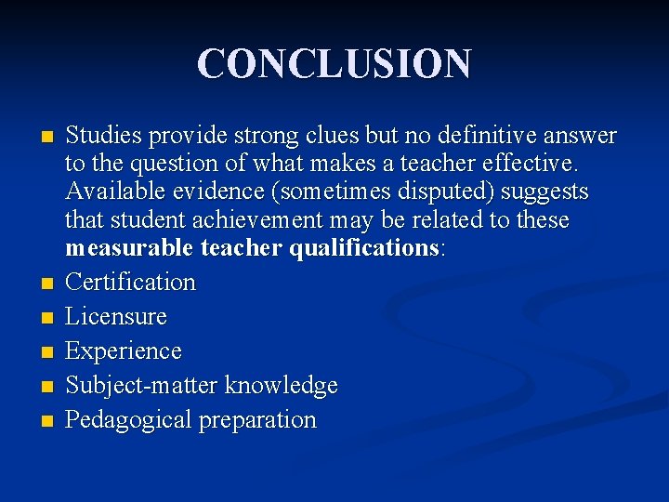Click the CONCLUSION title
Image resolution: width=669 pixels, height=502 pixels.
coord(334,63)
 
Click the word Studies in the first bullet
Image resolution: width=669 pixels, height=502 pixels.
coord(98,137)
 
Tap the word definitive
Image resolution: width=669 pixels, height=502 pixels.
coord(479,137)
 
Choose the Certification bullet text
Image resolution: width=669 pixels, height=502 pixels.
coord(130,282)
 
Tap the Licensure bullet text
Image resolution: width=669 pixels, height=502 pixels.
coord(116,316)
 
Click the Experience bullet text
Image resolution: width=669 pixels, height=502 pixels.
coord(124,351)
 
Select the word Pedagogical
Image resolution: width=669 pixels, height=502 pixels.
coord(126,420)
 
